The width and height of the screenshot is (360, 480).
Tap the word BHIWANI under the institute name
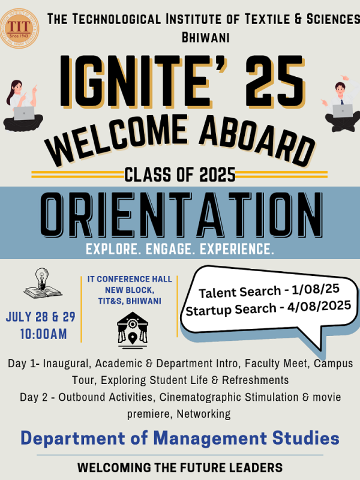point(205,37)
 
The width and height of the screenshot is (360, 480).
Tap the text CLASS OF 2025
point(179,175)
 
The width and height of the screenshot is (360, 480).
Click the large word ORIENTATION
point(180,215)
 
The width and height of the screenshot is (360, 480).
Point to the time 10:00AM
point(43,334)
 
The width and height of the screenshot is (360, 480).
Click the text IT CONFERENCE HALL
point(130,279)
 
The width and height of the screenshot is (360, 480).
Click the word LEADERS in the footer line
point(254,467)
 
